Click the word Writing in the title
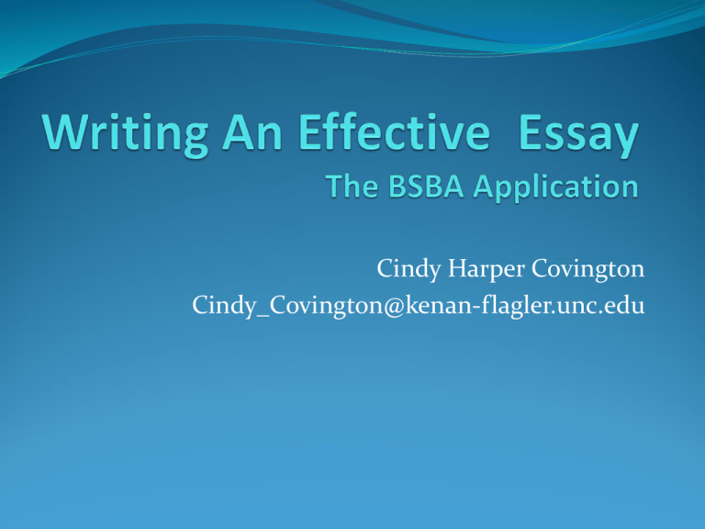point(126,134)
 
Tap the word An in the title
point(252,132)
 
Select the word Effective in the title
point(394,132)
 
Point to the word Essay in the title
point(578,136)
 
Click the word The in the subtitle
point(352,186)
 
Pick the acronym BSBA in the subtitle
point(426,186)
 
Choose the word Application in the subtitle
point(555,187)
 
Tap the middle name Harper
point(486,269)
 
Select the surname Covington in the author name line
point(587,269)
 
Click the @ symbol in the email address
point(395,306)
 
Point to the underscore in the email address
point(263,316)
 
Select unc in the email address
point(577,307)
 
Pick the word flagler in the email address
point(517,306)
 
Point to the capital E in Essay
point(531,132)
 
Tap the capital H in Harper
point(459,268)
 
